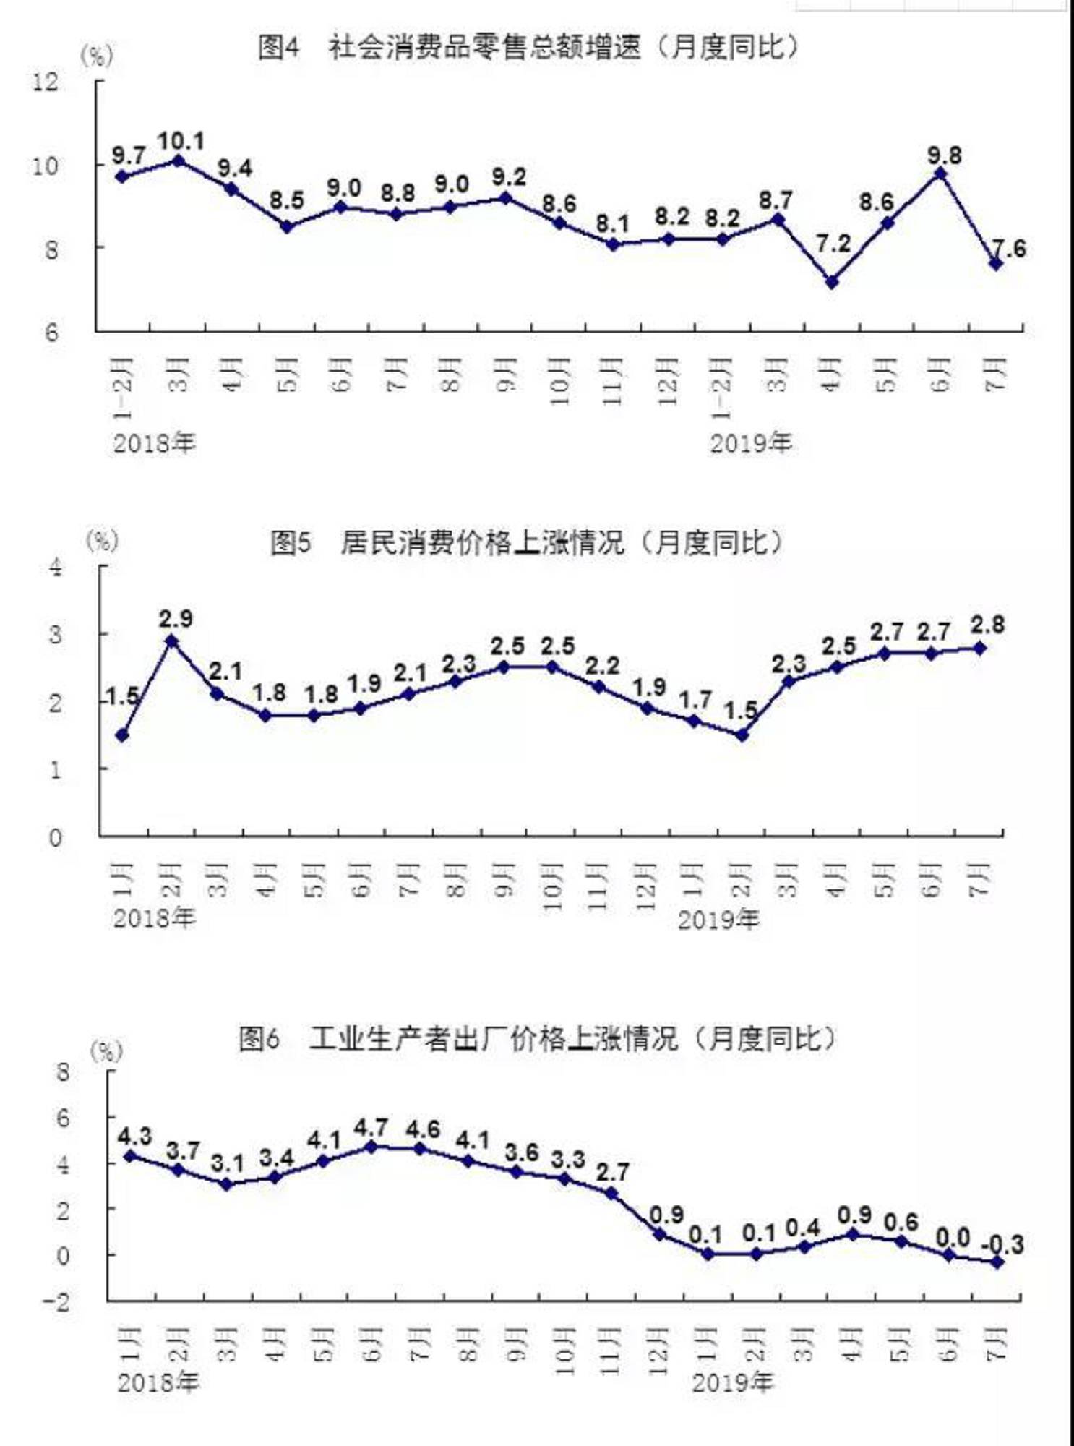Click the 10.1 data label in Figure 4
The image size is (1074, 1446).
click(181, 140)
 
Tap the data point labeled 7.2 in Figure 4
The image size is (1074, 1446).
click(832, 282)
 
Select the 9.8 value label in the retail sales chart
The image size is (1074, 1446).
click(945, 155)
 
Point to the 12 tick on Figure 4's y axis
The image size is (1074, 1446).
click(46, 81)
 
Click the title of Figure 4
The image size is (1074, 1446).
click(528, 48)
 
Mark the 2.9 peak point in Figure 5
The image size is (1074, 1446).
click(171, 641)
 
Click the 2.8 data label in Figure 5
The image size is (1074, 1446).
click(987, 625)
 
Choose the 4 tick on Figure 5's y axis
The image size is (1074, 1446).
click(56, 566)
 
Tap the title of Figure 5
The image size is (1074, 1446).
click(526, 542)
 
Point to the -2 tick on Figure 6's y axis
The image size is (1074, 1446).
click(57, 1301)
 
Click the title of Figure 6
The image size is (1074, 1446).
click(537, 1039)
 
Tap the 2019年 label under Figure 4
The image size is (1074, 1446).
click(751, 442)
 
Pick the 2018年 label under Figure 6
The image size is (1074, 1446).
click(158, 1383)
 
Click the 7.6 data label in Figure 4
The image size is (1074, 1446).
click(1009, 249)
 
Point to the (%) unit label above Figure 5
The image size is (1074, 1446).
click(102, 540)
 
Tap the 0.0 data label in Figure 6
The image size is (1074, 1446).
click(953, 1237)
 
